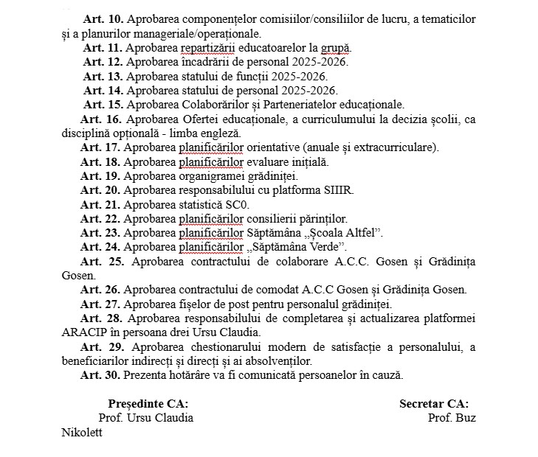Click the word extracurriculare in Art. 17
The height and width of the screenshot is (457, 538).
click(x=393, y=147)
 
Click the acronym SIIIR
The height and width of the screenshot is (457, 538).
click(x=338, y=189)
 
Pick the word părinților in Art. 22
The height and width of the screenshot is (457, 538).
click(x=320, y=218)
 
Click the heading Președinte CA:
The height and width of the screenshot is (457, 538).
click(x=148, y=403)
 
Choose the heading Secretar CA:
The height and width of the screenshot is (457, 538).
click(x=434, y=403)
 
